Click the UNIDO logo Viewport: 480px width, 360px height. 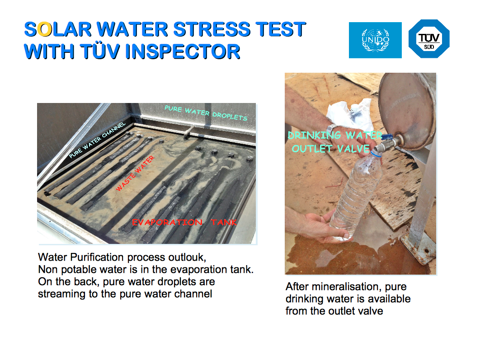pyautogui.click(x=375, y=40)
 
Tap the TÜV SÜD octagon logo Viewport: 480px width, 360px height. pyautogui.click(x=429, y=39)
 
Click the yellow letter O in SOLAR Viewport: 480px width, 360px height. pyautogui.click(x=45, y=29)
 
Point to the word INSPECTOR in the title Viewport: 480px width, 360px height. pyautogui.click(x=183, y=51)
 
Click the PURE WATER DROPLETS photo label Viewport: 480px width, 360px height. pyautogui.click(x=206, y=113)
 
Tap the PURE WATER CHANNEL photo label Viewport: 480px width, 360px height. pyautogui.click(x=97, y=140)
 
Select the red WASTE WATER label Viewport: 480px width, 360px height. pyautogui.click(x=135, y=173)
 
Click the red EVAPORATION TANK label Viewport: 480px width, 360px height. pyautogui.click(x=184, y=222)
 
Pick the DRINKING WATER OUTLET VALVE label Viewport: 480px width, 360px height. pyautogui.click(x=334, y=142)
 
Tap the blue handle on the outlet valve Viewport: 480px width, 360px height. pyautogui.click(x=387, y=137)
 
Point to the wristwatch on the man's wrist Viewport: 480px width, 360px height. pyautogui.click(x=332, y=128)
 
